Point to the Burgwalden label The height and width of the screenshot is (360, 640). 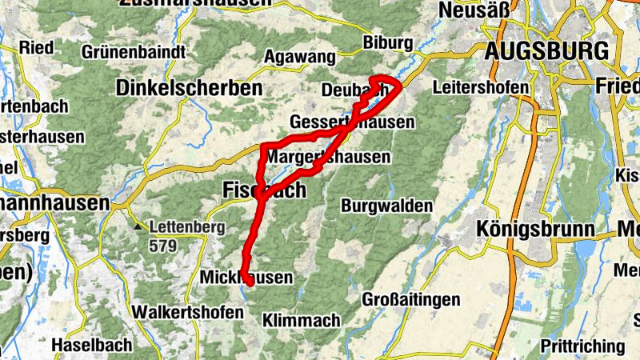tap(386, 206)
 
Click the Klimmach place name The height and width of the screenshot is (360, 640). tap(301, 321)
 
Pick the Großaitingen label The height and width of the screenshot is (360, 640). tap(411, 299)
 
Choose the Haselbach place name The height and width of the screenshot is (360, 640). tap(90, 346)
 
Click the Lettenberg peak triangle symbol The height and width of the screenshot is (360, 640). tap(139, 227)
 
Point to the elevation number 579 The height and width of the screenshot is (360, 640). tap(162, 246)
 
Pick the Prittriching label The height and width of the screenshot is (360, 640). tap(582, 346)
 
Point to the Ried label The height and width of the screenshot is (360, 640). tap(36, 46)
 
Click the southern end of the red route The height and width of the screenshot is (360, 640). tap(250, 282)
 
